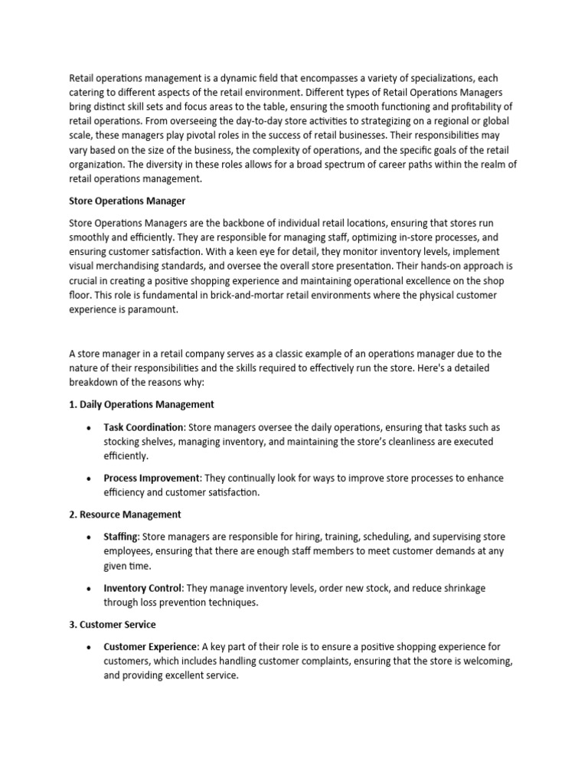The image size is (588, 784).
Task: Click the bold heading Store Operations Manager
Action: (127, 201)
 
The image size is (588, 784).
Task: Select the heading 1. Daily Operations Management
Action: (142, 403)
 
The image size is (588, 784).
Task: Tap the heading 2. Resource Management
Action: (125, 514)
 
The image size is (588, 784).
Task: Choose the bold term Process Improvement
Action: (150, 478)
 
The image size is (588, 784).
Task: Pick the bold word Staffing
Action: (121, 537)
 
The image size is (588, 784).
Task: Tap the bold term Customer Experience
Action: (150, 647)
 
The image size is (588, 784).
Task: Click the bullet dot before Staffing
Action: (90, 537)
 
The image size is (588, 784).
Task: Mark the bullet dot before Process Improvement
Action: (90, 479)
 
